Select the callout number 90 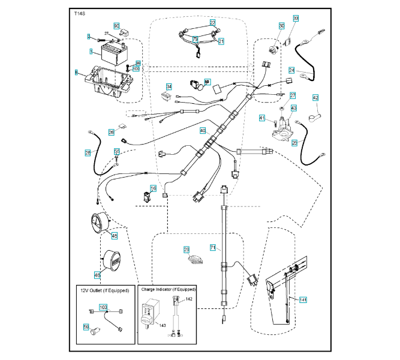(x=117, y=26)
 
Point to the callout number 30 (x=282, y=26)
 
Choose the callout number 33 (x=296, y=19)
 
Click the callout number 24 (x=291, y=70)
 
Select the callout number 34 (x=169, y=86)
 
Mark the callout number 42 (x=315, y=98)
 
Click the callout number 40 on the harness (x=203, y=130)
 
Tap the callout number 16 (x=154, y=189)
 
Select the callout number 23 (x=186, y=250)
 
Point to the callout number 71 (x=212, y=247)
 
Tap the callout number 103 (x=103, y=307)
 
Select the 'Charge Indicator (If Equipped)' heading (x=168, y=289)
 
